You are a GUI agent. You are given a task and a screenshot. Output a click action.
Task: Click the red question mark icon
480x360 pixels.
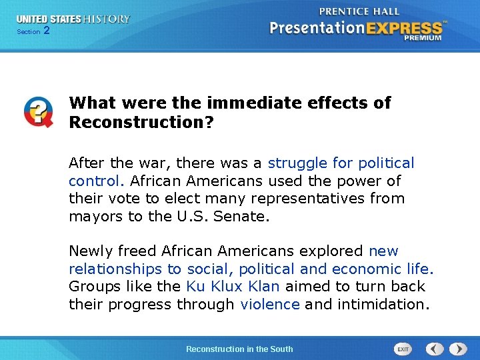click(x=38, y=111)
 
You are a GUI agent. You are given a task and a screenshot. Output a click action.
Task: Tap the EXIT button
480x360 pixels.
click(x=403, y=349)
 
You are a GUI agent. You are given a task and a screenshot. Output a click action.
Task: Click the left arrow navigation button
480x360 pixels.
click(x=435, y=349)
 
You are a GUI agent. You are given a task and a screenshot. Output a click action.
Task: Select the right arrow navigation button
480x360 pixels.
click(x=458, y=349)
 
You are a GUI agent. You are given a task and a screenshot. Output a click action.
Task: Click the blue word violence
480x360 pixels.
click(x=270, y=305)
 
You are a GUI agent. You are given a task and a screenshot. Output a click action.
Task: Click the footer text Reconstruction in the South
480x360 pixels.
click(x=239, y=349)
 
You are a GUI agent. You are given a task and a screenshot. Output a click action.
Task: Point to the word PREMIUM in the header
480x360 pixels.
click(x=422, y=38)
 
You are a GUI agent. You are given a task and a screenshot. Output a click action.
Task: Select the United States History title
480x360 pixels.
click(x=73, y=19)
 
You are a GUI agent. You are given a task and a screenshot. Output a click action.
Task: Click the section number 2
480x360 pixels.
click(x=46, y=31)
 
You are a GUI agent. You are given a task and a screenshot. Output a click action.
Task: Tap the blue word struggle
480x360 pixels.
click(x=297, y=163)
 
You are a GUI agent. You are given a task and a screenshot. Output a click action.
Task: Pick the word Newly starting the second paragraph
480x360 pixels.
click(x=91, y=251)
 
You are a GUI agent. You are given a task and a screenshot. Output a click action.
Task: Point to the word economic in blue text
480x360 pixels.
click(x=367, y=269)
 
